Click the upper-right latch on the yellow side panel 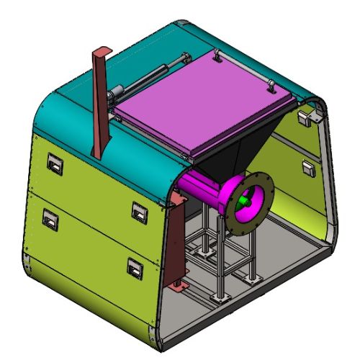coord(138,211)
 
